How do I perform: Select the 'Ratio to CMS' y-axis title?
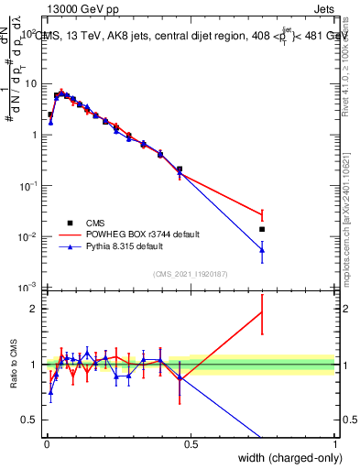13,377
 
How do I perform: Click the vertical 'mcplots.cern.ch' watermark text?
345,229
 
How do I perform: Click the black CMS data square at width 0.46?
179,169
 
